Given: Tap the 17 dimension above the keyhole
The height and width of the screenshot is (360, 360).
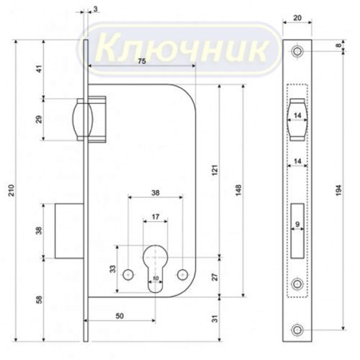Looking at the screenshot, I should pos(155,215).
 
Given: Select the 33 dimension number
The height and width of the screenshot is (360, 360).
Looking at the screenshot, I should pos(112,270).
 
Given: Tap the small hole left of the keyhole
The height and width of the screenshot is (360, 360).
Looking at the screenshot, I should pos(127,274).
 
